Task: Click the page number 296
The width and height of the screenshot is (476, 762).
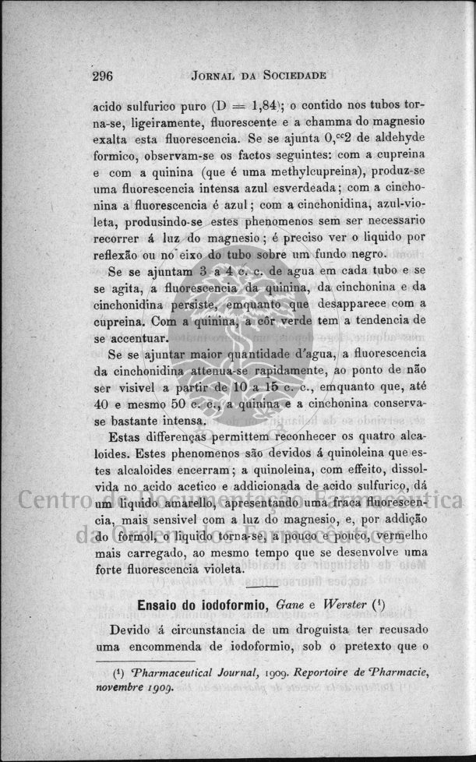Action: (103, 76)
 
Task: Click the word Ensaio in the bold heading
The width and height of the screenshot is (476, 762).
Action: (161, 605)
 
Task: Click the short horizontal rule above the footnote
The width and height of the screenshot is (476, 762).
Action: (136, 660)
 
